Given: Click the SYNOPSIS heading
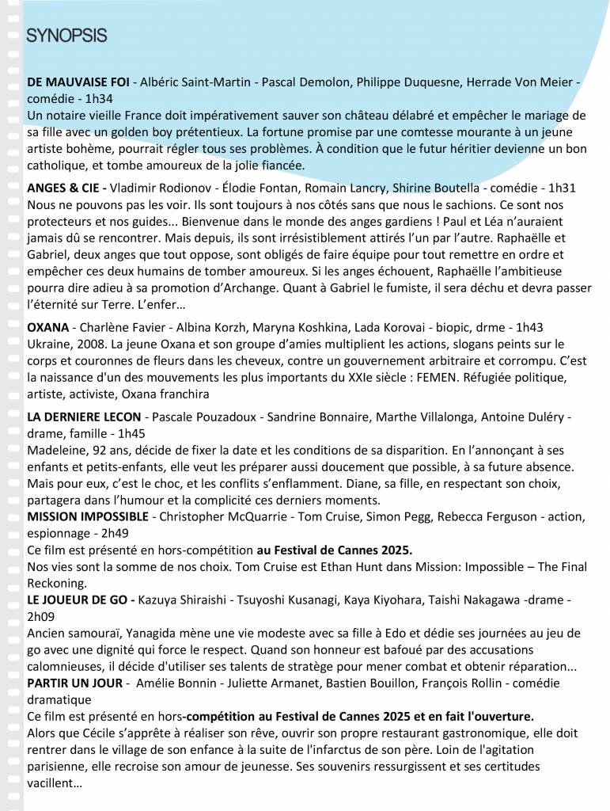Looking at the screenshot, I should [66, 36].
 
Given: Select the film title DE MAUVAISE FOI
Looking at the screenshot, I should [78, 82].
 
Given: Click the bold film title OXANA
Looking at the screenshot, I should [47, 326].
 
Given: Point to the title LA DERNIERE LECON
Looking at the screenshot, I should [84, 417].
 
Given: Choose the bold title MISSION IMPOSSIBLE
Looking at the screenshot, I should [87, 516].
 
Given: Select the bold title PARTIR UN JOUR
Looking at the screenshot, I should [74, 683].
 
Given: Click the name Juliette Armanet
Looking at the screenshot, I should [248, 683].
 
